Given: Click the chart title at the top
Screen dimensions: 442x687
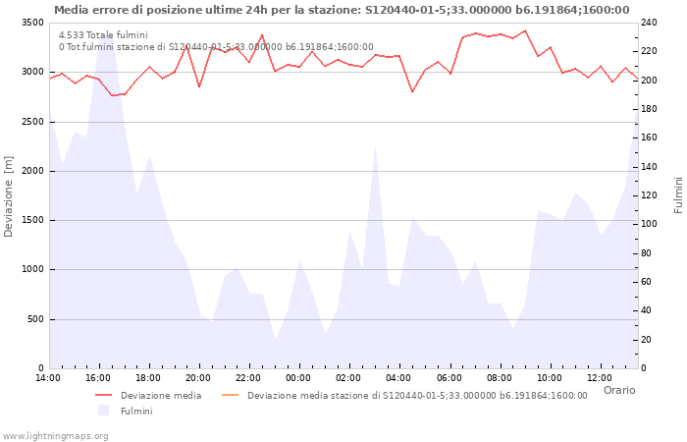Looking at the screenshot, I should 342,10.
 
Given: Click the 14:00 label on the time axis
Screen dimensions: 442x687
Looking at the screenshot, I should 48,378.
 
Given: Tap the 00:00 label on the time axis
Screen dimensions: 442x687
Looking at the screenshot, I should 298,378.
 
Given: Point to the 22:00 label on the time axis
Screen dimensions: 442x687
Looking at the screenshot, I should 248,378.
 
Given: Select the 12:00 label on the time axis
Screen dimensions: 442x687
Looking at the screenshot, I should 600,378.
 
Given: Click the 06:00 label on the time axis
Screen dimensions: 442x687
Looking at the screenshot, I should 449,378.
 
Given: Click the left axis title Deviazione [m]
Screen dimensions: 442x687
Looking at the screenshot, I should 10,196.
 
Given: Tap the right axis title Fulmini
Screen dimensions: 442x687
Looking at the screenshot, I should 678,194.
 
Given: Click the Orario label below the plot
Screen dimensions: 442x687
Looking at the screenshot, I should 618,390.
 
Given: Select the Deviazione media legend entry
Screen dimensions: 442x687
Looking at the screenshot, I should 161,396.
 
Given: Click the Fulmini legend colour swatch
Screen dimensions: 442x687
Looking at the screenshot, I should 103,411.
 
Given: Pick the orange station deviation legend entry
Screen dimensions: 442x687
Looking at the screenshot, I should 417,396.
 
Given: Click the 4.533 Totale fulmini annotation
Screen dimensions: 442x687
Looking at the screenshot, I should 103,35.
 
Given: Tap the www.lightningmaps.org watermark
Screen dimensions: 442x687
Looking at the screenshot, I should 55,435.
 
